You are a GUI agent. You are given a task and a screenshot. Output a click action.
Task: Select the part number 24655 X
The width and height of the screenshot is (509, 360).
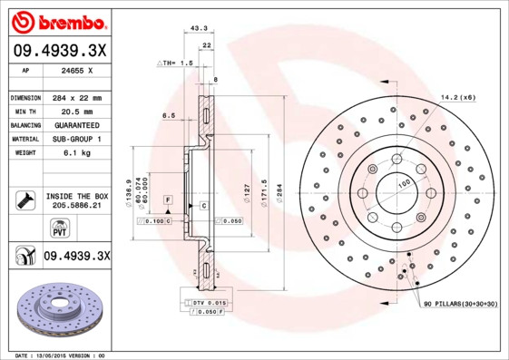pos(76,69)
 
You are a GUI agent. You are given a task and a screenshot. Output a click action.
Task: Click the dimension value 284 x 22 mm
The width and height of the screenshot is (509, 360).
pos(76,97)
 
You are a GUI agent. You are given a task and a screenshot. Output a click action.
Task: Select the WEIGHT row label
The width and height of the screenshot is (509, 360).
pos(23,152)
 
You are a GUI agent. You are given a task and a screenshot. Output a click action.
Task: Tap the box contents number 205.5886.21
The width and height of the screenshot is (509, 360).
pos(76,206)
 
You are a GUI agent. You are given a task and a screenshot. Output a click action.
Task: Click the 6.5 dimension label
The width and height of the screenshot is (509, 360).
pos(168,116)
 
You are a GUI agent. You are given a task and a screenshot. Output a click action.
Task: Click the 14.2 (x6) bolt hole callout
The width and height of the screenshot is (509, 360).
pos(457,96)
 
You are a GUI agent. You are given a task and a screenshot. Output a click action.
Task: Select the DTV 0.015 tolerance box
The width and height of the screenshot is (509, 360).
pos(208,302)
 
